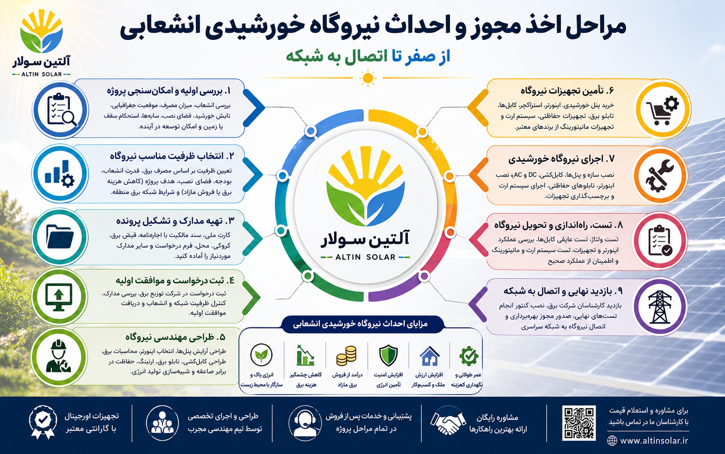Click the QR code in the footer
point(579,423)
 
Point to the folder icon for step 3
point(60,237)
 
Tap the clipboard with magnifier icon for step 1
point(62,110)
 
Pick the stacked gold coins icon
point(347,356)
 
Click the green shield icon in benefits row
point(388,356)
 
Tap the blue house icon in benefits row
point(430,356)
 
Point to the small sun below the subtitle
point(368,78)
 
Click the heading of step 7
point(561,159)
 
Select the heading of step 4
point(175,280)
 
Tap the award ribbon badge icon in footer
point(43,422)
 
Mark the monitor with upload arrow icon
point(59,297)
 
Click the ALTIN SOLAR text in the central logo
point(365,257)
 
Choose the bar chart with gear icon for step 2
point(59,174)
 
